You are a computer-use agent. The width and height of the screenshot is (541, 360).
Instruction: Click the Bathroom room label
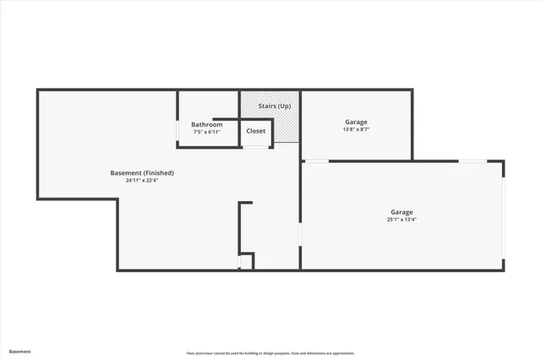[206, 124]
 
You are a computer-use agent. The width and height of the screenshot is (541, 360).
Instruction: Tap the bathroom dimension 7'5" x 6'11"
[206, 132]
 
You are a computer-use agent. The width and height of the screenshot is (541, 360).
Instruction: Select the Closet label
[255, 131]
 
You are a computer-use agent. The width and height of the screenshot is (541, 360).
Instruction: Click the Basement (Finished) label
[142, 173]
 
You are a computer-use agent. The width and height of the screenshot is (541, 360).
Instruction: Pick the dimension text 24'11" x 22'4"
[142, 181]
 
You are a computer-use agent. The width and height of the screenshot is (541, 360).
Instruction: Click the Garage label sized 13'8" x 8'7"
[356, 122]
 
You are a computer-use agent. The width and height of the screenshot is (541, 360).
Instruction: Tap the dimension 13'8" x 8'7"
[356, 129]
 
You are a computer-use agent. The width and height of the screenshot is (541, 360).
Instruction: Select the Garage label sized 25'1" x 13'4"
[402, 212]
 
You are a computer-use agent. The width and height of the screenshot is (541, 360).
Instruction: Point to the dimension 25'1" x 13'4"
[402, 220]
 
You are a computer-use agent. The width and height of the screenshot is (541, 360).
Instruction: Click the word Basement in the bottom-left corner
[19, 351]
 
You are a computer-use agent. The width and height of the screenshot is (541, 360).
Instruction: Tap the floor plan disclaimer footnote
[270, 352]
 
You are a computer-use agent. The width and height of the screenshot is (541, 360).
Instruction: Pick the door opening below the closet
[256, 147]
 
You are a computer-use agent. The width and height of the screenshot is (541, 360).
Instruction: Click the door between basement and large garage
[301, 233]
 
